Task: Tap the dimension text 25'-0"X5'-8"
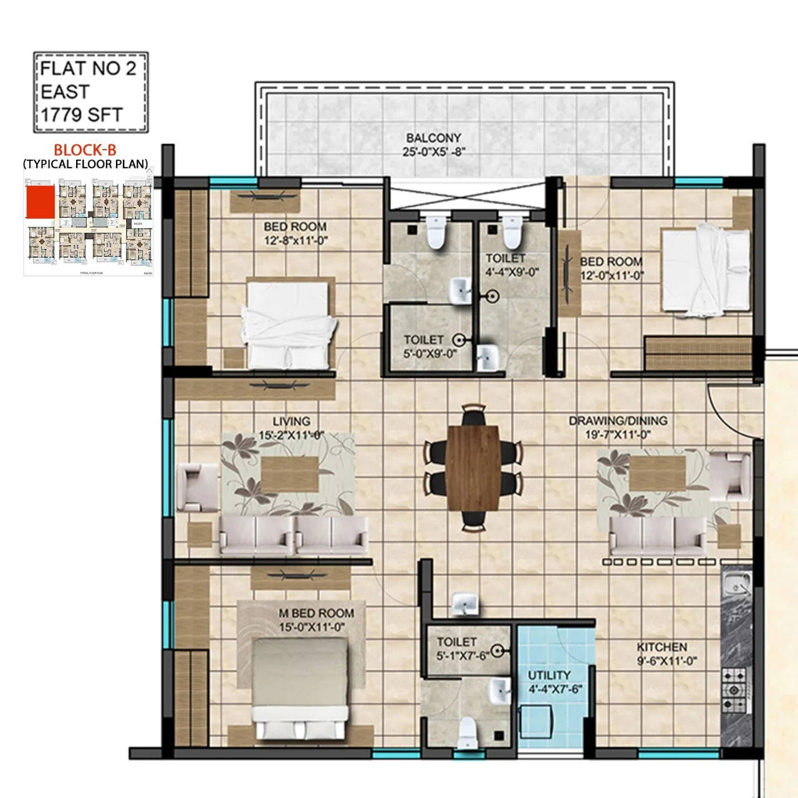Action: [434, 151]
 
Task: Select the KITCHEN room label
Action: [661, 647]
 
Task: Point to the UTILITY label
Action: [549, 675]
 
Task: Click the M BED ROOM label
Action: [316, 613]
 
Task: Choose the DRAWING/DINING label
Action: [618, 421]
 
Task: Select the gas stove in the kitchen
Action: [734, 690]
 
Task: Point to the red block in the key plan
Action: [39, 204]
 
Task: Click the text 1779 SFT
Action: [82, 115]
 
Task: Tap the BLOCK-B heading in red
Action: [85, 150]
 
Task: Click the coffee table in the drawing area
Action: [657, 473]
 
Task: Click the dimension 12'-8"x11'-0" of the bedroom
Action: [295, 239]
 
